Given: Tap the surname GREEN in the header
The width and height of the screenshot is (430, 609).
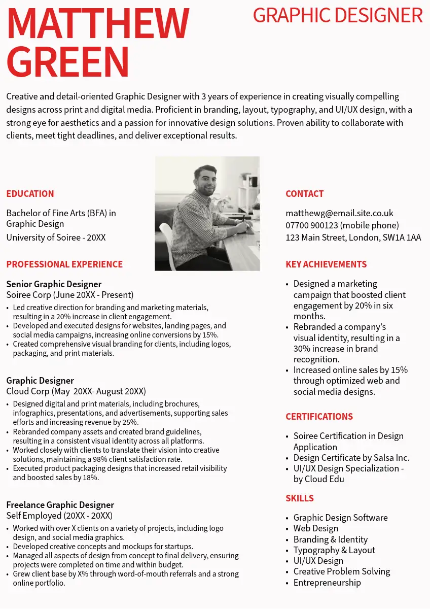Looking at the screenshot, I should tap(68, 62).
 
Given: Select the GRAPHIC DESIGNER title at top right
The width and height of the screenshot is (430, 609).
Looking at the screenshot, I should tap(337, 15).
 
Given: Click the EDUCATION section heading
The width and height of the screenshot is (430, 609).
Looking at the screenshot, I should tap(30, 194).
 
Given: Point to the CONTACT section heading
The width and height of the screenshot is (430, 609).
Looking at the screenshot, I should tap(304, 194).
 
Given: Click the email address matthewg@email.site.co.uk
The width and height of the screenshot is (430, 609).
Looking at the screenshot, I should tap(339, 213).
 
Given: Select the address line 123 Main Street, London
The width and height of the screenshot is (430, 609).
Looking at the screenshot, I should tap(353, 238).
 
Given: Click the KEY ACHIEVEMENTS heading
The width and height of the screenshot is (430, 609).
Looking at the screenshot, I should tap(326, 264).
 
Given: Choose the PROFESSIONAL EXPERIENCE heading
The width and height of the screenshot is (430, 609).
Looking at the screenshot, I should tap(64, 264).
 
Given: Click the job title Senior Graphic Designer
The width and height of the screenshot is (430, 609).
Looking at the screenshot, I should tap(54, 284).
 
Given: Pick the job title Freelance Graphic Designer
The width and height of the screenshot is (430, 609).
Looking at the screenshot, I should tap(60, 505).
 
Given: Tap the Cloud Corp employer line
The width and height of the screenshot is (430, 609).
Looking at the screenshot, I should tap(76, 391).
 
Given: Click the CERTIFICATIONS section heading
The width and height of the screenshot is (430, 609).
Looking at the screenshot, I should tap(319, 417).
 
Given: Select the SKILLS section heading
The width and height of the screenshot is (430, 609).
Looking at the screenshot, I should tap(300, 498).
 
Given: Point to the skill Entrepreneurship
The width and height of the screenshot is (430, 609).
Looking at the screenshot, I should tap(327, 583).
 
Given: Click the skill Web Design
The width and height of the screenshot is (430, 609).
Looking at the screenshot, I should tap(315, 528).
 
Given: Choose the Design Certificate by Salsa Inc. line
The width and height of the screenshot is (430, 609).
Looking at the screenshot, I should tap(351, 458).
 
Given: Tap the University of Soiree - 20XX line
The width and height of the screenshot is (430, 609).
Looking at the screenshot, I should tap(56, 238).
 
